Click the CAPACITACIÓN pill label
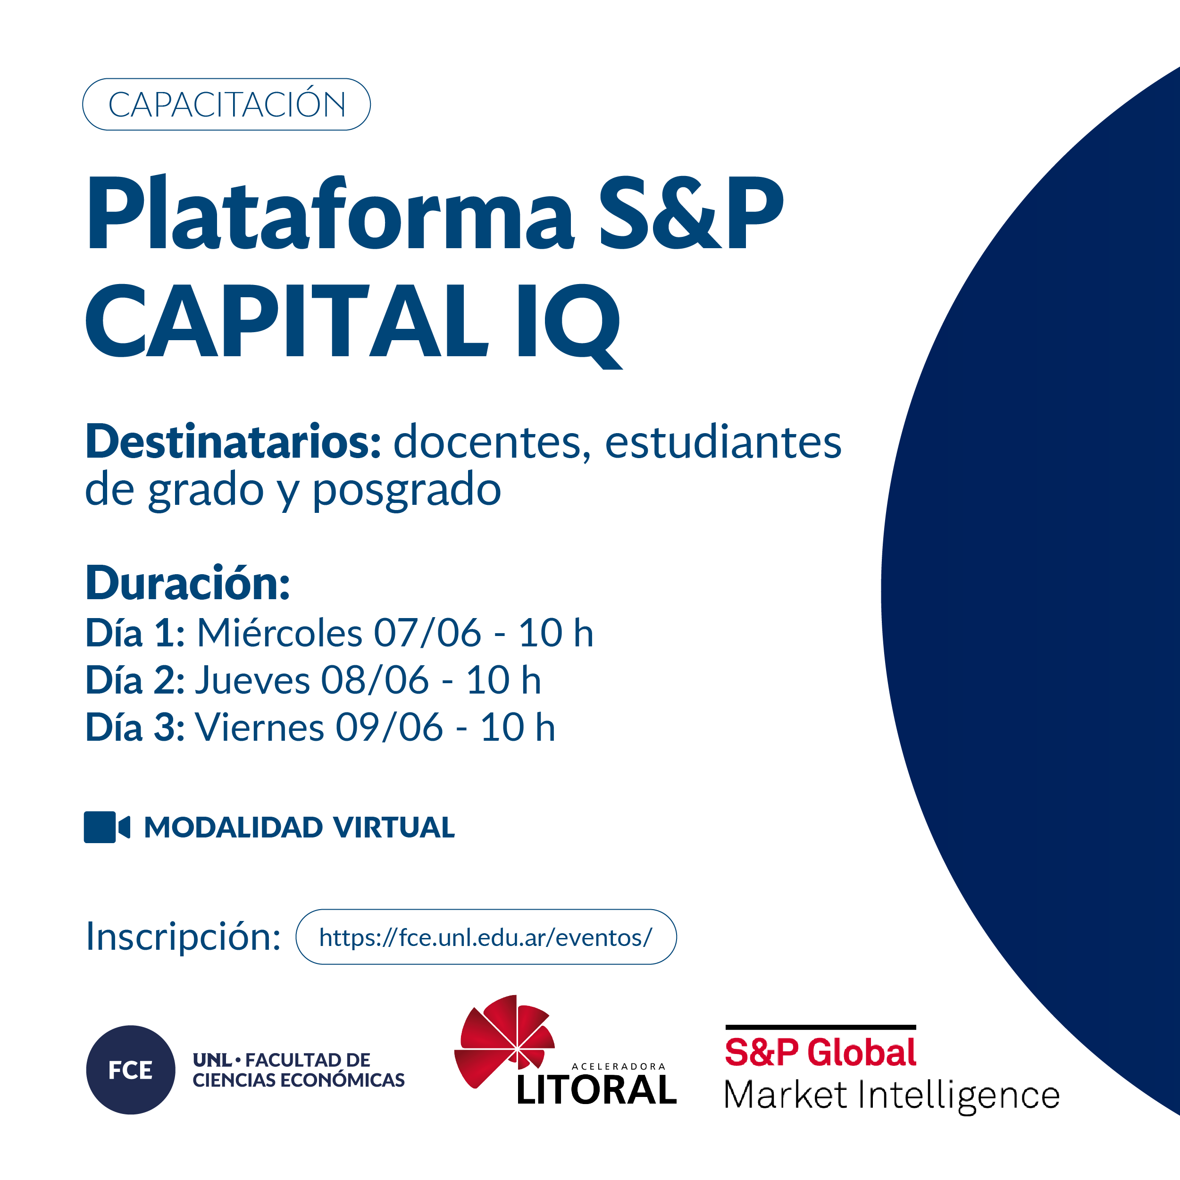click(226, 104)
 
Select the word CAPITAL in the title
click(287, 321)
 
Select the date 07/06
click(427, 632)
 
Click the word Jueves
click(253, 680)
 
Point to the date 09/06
click(390, 728)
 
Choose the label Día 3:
click(135, 728)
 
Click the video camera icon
click(107, 828)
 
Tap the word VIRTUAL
click(394, 828)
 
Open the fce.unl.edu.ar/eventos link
click(486, 937)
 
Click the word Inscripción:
click(183, 936)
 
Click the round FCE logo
click(131, 1070)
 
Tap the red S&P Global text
click(820, 1052)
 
